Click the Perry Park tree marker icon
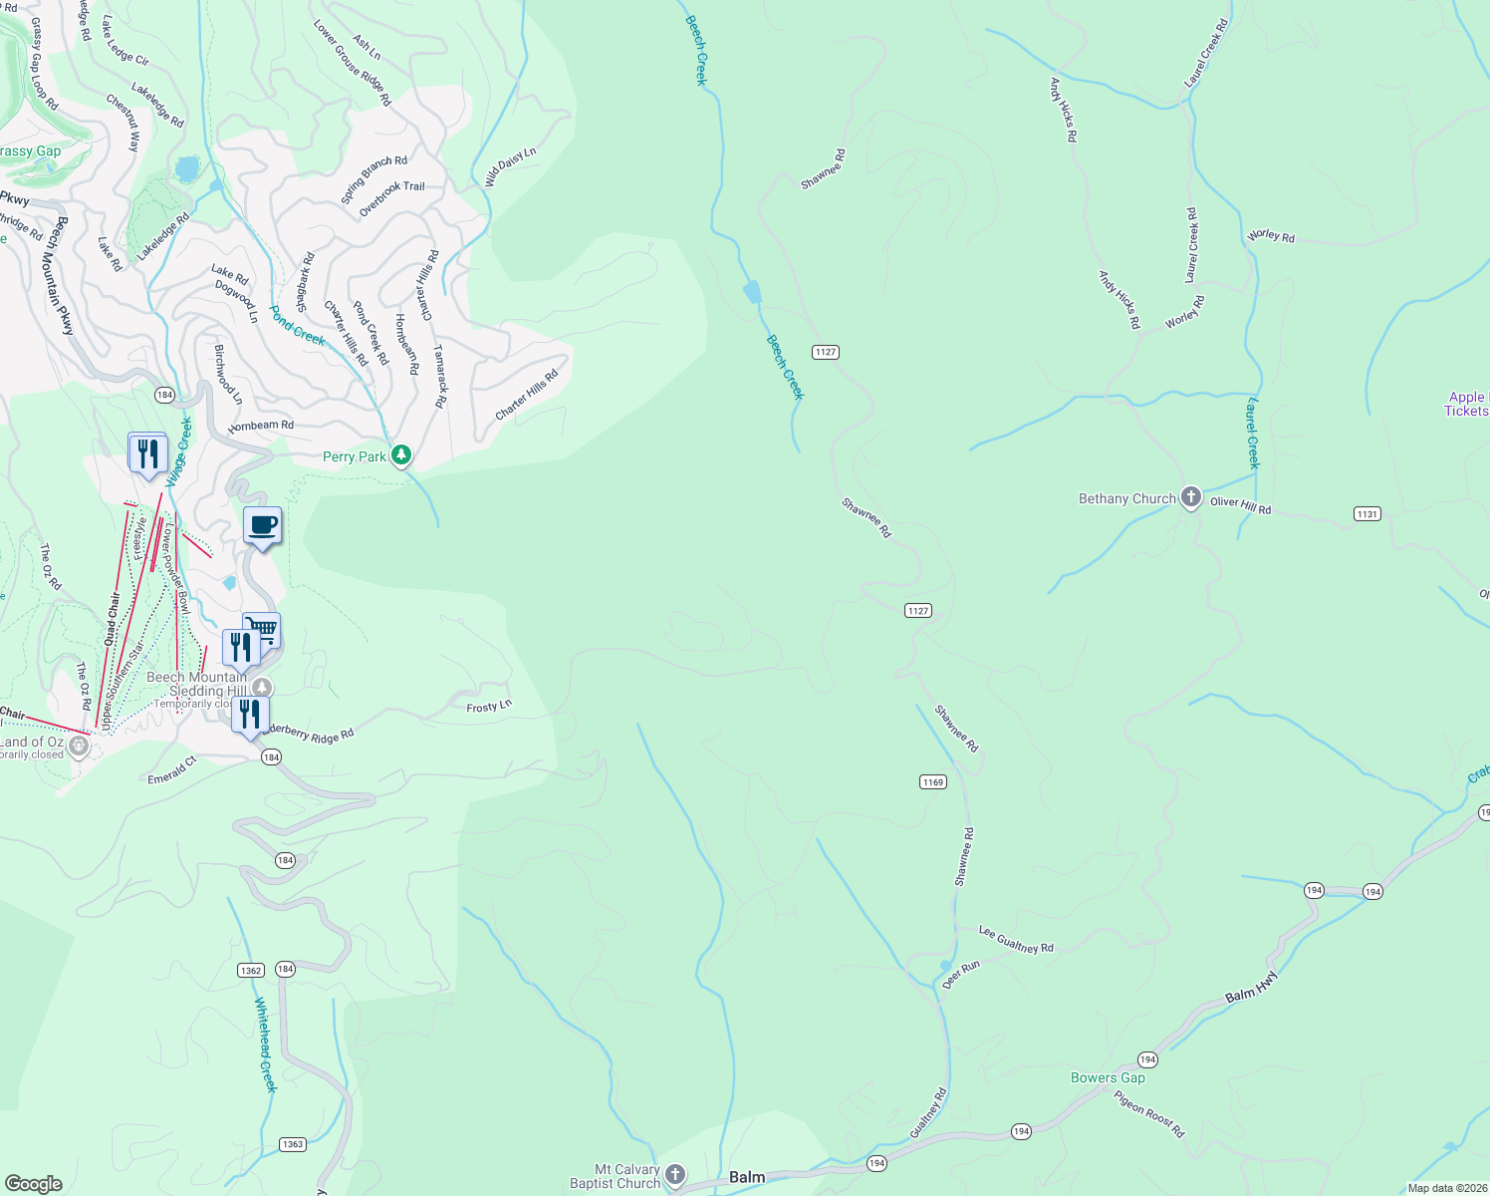coord(401,455)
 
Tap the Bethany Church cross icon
coord(1190,497)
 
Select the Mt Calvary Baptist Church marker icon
coord(675,1175)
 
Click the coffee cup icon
coord(263,525)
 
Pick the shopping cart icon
coord(263,628)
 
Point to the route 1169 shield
coord(932,782)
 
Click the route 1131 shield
coord(1366,513)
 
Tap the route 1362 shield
coord(251,970)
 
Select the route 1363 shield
coord(292,1144)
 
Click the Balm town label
coord(747,1177)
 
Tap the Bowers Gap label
coord(1108,1077)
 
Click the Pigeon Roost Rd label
coord(1149,1114)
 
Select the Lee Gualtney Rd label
coord(1016,939)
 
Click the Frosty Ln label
coord(489,707)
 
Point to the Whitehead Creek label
coord(264,1045)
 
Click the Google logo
coord(33,1183)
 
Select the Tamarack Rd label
coord(439,377)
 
